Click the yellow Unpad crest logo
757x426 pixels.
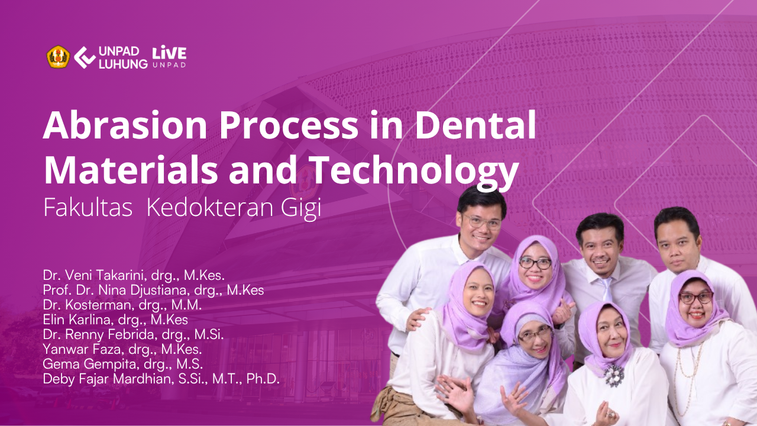tap(58, 57)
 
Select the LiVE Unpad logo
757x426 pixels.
tap(169, 56)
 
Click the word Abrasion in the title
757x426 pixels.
tap(125, 125)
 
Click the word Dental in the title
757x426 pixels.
tap(475, 124)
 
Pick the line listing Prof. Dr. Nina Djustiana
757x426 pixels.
tap(153, 290)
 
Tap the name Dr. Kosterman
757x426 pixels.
tap(86, 305)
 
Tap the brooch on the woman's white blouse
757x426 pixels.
tap(614, 376)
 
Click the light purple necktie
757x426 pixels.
tap(607, 289)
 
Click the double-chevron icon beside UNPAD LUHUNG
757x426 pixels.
tap(85, 57)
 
